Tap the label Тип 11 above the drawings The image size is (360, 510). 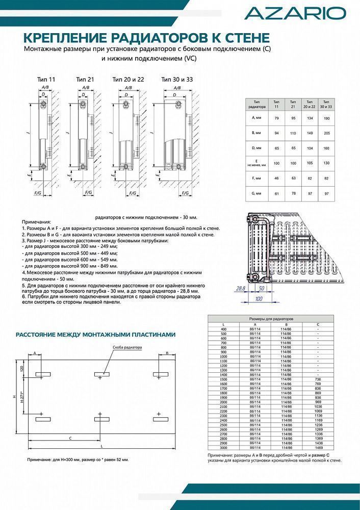pyautogui.click(x=46, y=80)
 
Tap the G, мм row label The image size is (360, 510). pyautogui.click(x=256, y=194)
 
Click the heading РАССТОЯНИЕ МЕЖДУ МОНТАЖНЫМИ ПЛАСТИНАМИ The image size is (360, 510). pyautogui.click(x=96, y=335)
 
